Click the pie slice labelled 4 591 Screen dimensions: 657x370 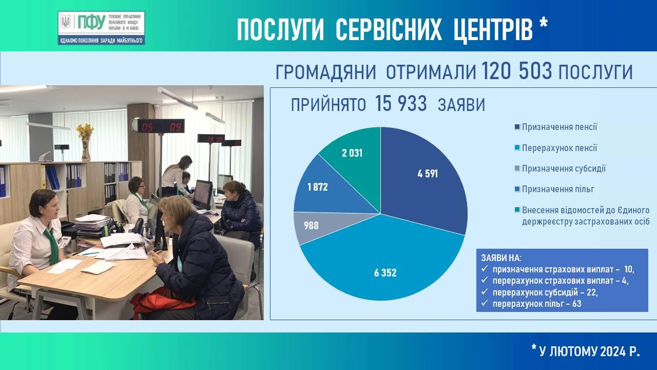tap(422, 179)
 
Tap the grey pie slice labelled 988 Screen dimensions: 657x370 tap(317, 226)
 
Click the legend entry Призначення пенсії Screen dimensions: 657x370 tap(556, 127)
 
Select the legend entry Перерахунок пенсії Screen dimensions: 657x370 tap(556, 147)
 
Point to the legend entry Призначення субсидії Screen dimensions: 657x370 tap(560, 169)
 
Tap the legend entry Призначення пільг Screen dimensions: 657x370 tap(554, 189)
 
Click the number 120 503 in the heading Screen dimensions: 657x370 tap(516, 71)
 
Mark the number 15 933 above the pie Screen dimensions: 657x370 tap(401, 104)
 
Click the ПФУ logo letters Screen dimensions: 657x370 tap(91, 22)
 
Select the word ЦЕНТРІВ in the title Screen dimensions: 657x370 tap(493, 30)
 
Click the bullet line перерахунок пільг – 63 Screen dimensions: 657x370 tap(537, 304)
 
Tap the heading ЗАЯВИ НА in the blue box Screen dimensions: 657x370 tap(501, 258)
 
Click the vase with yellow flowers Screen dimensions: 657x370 tap(85, 143)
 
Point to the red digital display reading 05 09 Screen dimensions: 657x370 tap(161, 126)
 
